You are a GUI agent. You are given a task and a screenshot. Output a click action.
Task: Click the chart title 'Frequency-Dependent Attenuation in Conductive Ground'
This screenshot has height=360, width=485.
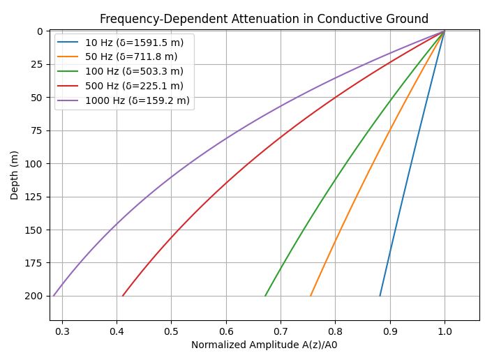click(264, 19)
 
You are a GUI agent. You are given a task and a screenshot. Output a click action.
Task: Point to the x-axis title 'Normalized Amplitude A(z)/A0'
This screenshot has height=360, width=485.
click(264, 345)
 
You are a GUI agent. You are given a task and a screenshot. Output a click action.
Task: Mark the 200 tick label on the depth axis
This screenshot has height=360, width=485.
click(36, 296)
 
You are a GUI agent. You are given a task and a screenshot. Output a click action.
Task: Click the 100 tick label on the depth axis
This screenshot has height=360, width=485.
click(36, 163)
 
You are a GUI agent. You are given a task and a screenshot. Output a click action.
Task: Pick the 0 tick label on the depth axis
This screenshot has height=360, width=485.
click(41, 31)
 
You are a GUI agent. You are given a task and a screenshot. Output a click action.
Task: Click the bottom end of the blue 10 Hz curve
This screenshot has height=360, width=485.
click(380, 296)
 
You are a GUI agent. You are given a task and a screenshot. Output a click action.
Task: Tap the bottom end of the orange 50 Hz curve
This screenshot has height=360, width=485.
click(311, 296)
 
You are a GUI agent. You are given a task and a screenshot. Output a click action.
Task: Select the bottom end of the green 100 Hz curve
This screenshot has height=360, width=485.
click(265, 296)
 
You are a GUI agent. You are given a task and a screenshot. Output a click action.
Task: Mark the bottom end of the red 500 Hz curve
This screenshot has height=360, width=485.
click(123, 296)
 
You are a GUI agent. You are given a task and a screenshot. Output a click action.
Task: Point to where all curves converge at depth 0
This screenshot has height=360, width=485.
click(445, 31)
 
